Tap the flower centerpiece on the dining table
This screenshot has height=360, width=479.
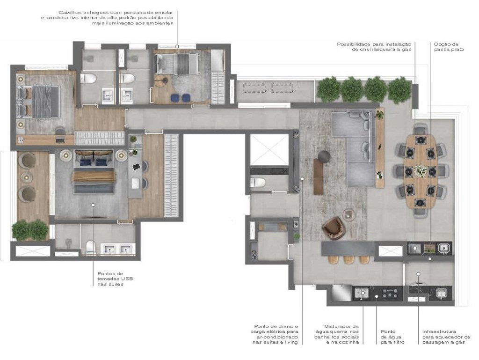click(x=421, y=170)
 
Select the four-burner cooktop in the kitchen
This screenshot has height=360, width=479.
click(x=388, y=294)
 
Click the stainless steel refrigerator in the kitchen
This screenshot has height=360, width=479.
click(x=341, y=293)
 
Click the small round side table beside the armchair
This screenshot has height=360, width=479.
click(x=349, y=214)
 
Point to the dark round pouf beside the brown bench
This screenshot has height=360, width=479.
click(x=324, y=155)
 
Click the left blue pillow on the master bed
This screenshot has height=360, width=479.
click(x=86, y=162)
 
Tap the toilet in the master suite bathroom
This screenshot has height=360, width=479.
click(x=91, y=248)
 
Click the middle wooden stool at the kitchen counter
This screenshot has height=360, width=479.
click(x=348, y=259)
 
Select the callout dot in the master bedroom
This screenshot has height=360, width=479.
click(x=93, y=205)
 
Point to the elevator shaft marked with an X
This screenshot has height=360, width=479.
click(x=269, y=150)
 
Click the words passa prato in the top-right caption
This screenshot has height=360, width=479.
click(x=449, y=49)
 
